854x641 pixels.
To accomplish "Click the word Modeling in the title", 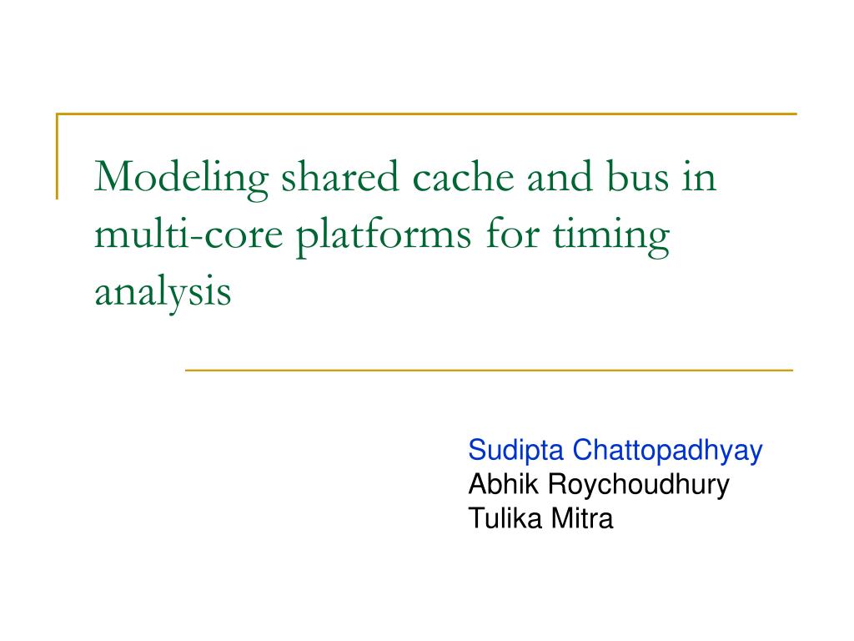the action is [181, 179].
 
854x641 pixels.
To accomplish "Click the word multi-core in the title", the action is [189, 234].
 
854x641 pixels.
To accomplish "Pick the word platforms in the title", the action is [384, 236].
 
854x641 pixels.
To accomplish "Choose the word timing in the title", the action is [611, 236].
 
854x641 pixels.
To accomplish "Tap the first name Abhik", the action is [504, 484].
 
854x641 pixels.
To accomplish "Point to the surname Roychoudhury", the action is [638, 485].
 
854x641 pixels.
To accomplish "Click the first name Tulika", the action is [505, 517].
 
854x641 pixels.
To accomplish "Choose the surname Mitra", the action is [582, 517].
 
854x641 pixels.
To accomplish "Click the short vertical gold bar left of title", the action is [58, 156].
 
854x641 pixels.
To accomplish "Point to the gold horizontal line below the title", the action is [489, 370].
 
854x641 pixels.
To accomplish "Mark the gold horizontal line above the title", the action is [426, 114].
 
